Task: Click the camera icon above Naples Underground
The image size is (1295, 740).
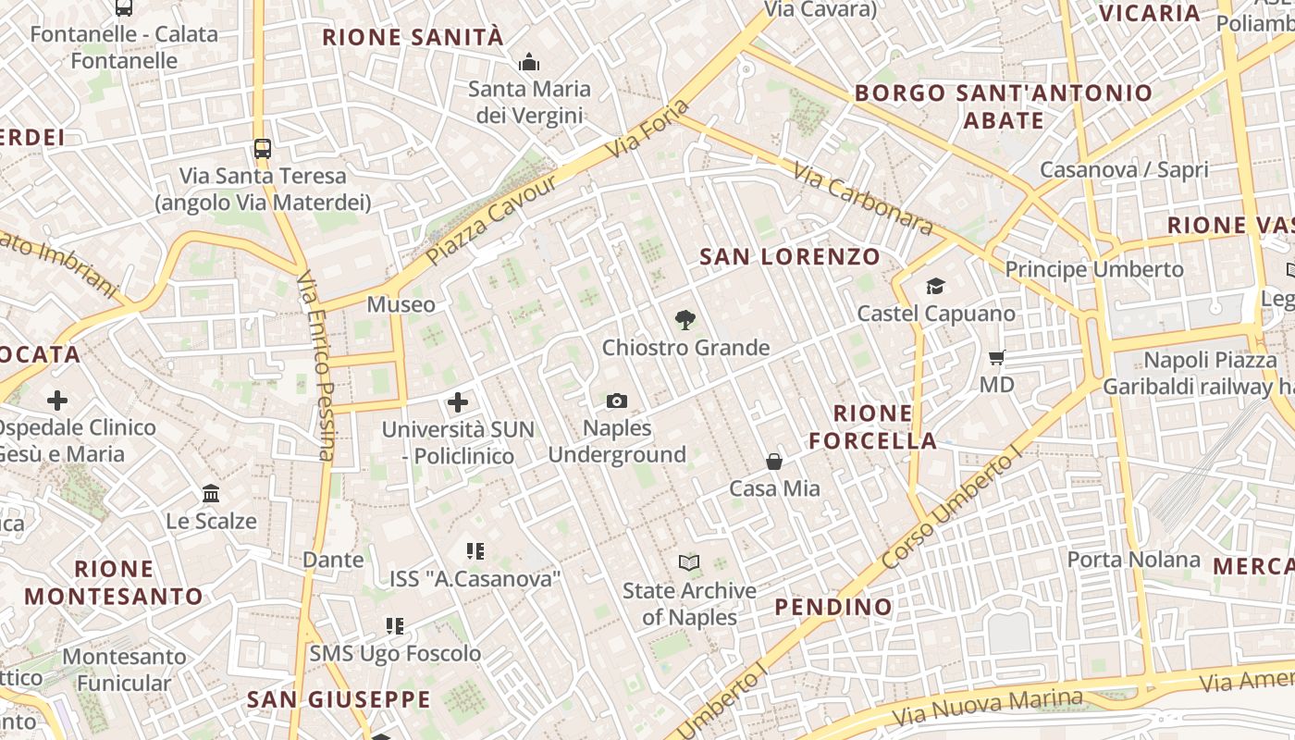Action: (x=617, y=401)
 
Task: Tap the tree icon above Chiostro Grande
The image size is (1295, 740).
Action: (x=685, y=320)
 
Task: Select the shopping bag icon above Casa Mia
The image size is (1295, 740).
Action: (x=774, y=461)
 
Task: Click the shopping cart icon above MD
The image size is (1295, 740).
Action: (x=996, y=357)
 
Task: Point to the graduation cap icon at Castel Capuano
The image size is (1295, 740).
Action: (x=935, y=286)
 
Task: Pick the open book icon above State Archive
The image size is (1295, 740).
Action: (x=688, y=562)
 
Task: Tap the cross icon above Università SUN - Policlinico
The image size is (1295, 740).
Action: (x=458, y=402)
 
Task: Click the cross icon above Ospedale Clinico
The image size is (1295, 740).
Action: (x=57, y=401)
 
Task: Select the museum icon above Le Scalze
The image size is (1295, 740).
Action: (x=211, y=494)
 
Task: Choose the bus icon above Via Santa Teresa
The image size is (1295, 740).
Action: (x=263, y=148)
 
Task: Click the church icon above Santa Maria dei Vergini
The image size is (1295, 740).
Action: (x=529, y=62)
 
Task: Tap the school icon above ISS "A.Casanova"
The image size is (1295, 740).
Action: (x=475, y=552)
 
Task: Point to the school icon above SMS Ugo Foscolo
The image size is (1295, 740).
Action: (x=395, y=626)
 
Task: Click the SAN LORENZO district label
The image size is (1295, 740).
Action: (x=789, y=256)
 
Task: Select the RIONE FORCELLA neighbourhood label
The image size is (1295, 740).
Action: (x=873, y=426)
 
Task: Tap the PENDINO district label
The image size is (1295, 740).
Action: (x=832, y=607)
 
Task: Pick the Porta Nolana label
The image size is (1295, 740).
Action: (x=1133, y=560)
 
